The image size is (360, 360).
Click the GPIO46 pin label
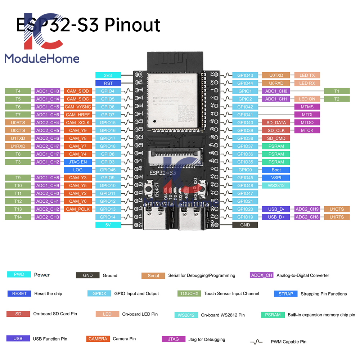point(108,170)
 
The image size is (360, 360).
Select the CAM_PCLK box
point(78,209)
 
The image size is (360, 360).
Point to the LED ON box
point(307,99)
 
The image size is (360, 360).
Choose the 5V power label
point(108,225)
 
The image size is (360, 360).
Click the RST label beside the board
point(108,83)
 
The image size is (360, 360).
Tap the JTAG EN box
point(78,162)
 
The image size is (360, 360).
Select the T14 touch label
point(18,217)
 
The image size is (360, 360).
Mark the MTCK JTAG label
point(307,130)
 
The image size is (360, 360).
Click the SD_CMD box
point(276,138)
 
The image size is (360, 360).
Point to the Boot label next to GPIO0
point(276,170)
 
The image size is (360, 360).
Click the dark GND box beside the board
point(245,225)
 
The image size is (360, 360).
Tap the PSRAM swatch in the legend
point(273,315)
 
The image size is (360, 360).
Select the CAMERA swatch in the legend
point(98,339)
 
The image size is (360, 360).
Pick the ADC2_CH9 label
point(307,209)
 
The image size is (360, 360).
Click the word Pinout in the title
point(133,25)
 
